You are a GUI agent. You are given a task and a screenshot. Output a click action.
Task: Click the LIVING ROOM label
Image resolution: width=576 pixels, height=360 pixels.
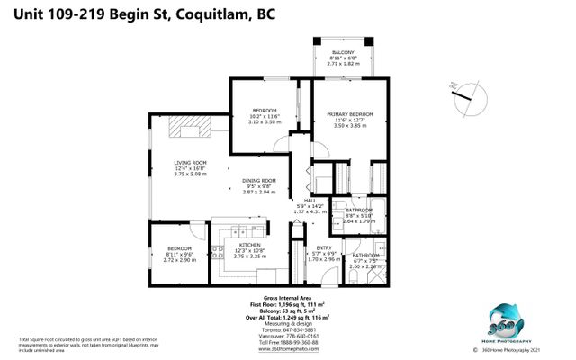(x=190, y=162)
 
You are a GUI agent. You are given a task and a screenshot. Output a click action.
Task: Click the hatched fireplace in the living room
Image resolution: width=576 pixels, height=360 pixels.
(x=192, y=129)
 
